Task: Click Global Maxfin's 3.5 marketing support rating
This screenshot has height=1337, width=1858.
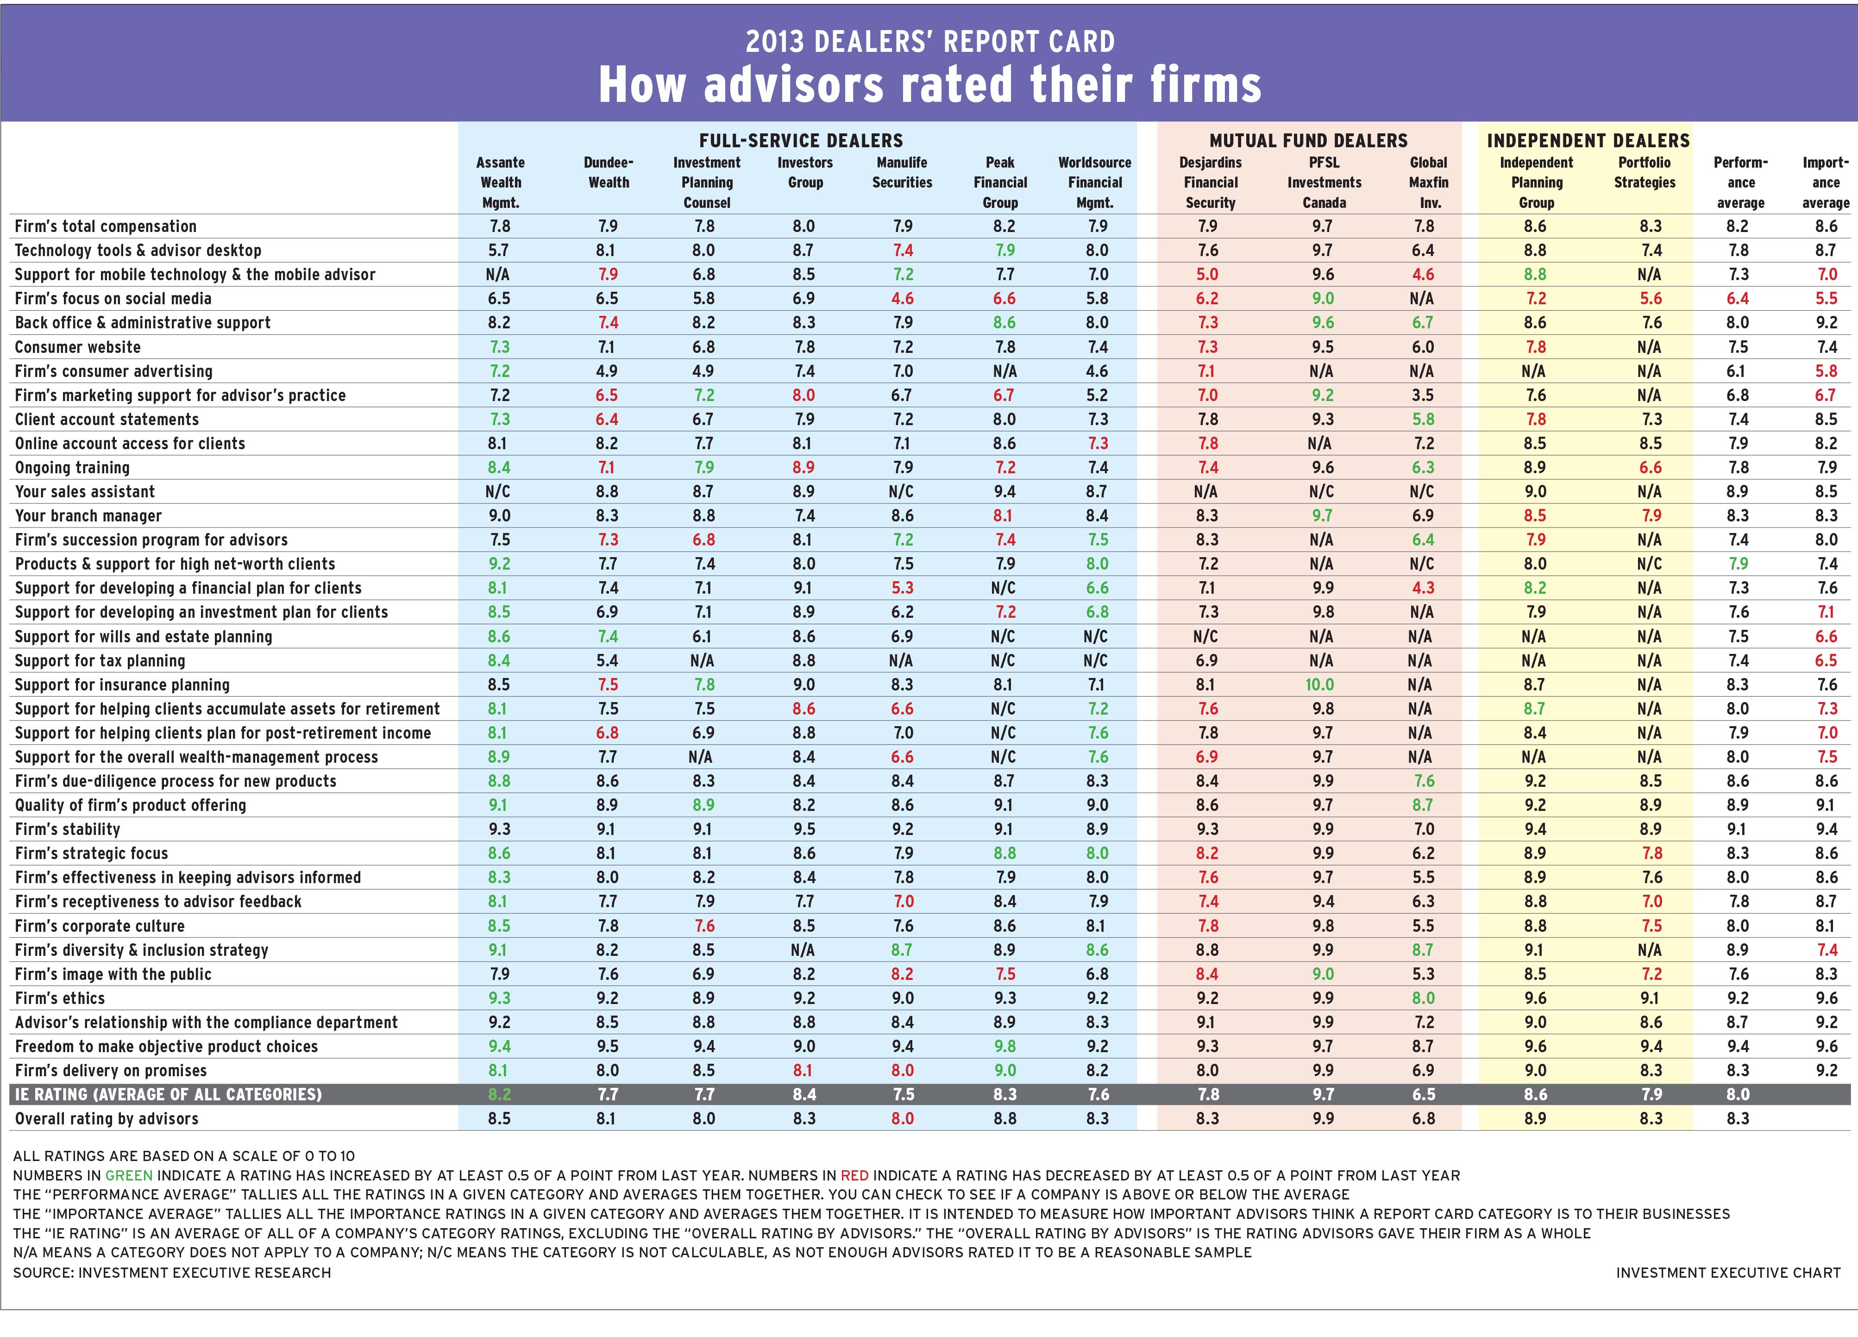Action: [1423, 395]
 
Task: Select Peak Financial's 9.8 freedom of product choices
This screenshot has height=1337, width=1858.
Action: [1004, 1046]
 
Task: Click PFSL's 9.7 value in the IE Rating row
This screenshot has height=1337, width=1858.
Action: [1323, 1094]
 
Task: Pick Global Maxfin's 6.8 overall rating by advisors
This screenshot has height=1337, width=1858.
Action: [1424, 1119]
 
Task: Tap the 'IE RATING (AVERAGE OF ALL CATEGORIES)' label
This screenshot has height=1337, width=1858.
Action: [168, 1094]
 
